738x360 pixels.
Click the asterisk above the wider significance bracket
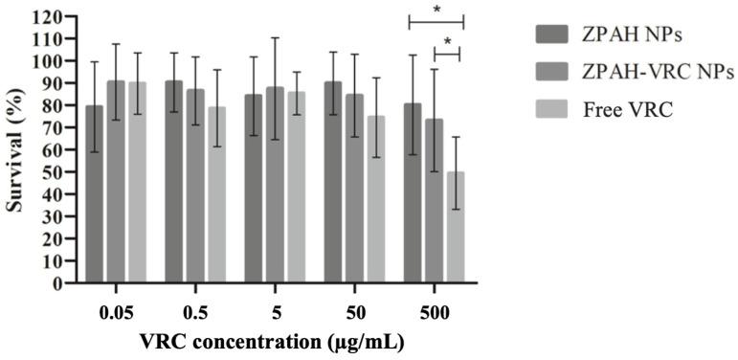[436, 11]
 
